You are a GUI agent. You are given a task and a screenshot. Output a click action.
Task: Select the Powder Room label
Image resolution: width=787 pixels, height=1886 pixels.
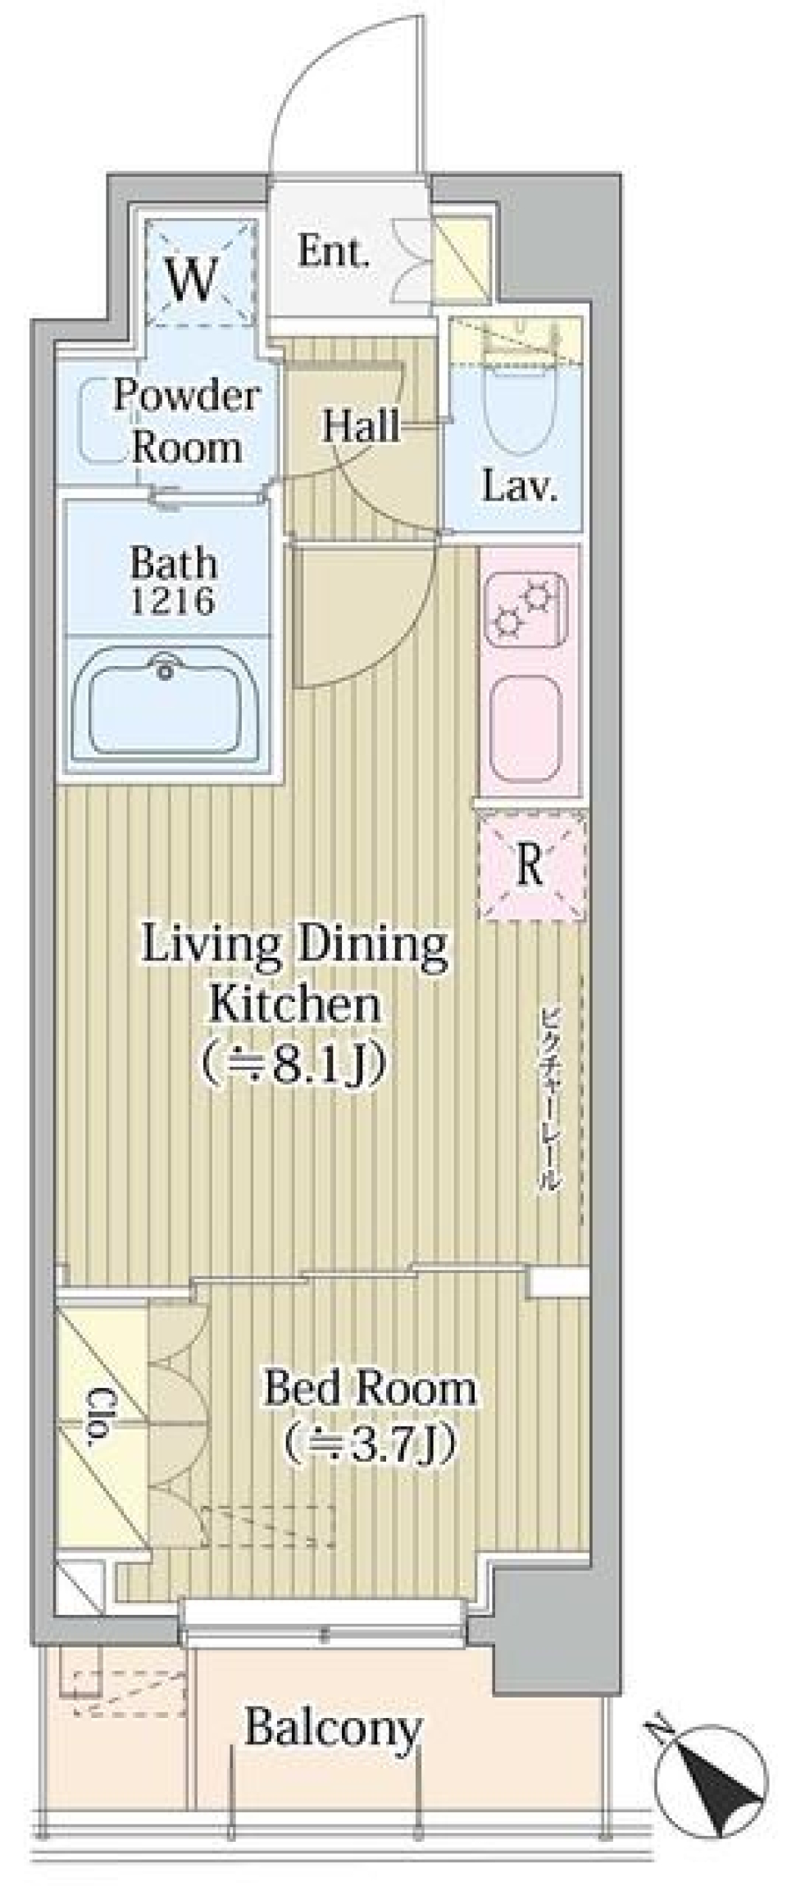pyautogui.click(x=187, y=421)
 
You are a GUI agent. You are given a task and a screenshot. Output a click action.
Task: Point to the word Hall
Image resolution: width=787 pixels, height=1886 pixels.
pyautogui.click(x=362, y=425)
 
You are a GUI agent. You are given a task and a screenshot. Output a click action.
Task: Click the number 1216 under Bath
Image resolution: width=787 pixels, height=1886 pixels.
pyautogui.click(x=174, y=601)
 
